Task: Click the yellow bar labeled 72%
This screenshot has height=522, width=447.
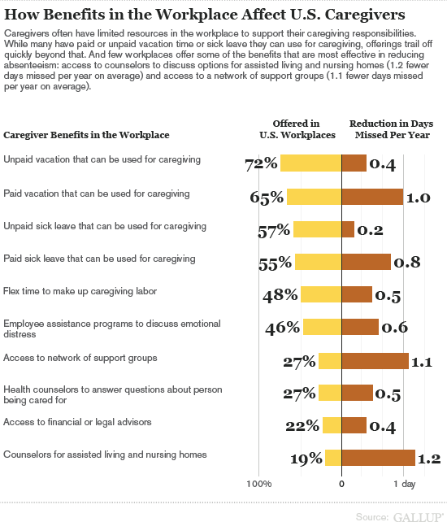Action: pyautogui.click(x=311, y=163)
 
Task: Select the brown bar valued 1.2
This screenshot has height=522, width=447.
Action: pyautogui.click(x=379, y=458)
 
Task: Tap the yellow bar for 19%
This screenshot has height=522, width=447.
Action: pyautogui.click(x=333, y=458)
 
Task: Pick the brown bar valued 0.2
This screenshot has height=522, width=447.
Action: pyautogui.click(x=348, y=229)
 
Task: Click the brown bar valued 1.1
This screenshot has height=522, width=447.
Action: pyautogui.click(x=375, y=361)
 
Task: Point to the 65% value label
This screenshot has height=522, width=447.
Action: pyautogui.click(x=267, y=198)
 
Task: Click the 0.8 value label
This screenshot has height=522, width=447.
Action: pyautogui.click(x=407, y=263)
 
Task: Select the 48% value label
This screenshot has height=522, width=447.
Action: pyautogui.click(x=280, y=295)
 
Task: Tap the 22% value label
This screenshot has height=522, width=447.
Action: pyautogui.click(x=302, y=426)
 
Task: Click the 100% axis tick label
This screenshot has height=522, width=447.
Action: pyautogui.click(x=259, y=484)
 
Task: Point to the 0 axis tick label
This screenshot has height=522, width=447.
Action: pyautogui.click(x=341, y=484)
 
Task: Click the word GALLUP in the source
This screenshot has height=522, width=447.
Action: pyautogui.click(x=419, y=517)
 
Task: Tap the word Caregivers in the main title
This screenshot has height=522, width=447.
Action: pyautogui.click(x=365, y=15)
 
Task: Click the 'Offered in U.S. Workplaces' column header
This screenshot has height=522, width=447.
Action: pyautogui.click(x=297, y=129)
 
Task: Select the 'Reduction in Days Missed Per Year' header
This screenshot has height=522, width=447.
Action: pyautogui.click(x=392, y=129)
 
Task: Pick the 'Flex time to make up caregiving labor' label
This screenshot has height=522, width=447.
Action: pyautogui.click(x=80, y=291)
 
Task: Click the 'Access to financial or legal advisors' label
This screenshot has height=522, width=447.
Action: pyautogui.click(x=77, y=422)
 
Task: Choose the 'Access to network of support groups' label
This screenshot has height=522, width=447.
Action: pyautogui.click(x=80, y=358)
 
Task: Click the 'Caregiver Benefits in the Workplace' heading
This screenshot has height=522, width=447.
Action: pyautogui.click(x=86, y=135)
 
